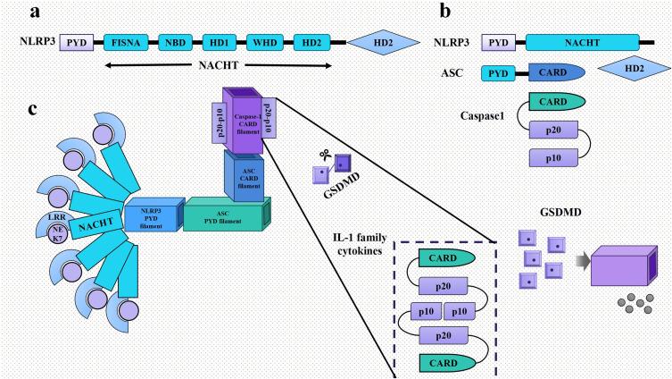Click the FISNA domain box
click(x=127, y=41)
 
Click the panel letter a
click(x=34, y=12)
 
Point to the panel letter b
click(x=444, y=12)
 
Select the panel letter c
click(x=33, y=109)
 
